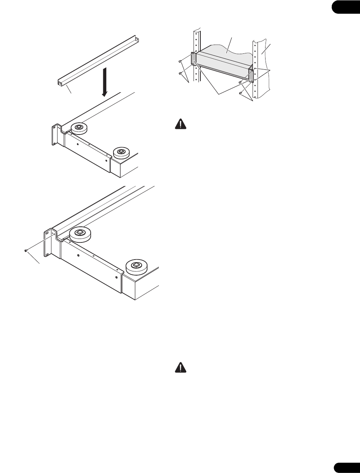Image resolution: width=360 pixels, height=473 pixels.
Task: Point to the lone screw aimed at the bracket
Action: (x=26, y=250)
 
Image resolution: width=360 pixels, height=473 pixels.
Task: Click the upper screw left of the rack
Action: (x=179, y=61)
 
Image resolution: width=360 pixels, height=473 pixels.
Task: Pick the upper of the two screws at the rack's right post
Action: (x=240, y=82)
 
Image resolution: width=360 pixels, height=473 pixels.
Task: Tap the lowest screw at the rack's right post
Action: (x=240, y=93)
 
